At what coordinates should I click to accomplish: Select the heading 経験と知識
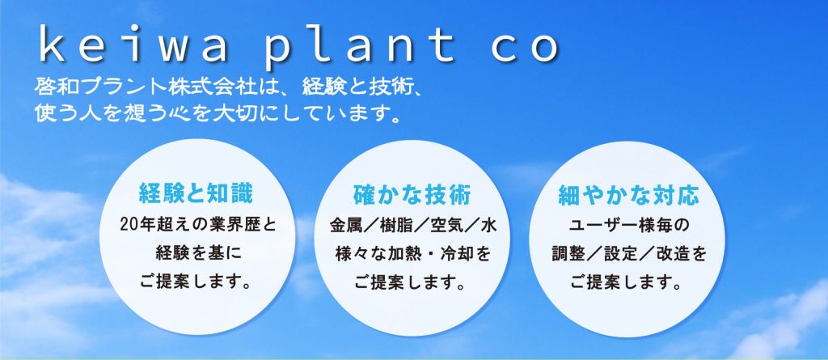pyautogui.click(x=196, y=194)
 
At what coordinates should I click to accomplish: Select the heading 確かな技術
pyautogui.click(x=412, y=195)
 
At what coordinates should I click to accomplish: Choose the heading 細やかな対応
pyautogui.click(x=629, y=195)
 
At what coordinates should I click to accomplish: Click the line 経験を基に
pyautogui.click(x=198, y=254)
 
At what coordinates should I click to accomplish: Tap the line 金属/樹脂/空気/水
pyautogui.click(x=412, y=227)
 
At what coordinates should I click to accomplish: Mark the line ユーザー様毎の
pyautogui.click(x=629, y=227)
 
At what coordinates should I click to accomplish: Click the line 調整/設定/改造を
pyautogui.click(x=628, y=255)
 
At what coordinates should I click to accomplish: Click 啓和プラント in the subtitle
pyautogui.click(x=87, y=87)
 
